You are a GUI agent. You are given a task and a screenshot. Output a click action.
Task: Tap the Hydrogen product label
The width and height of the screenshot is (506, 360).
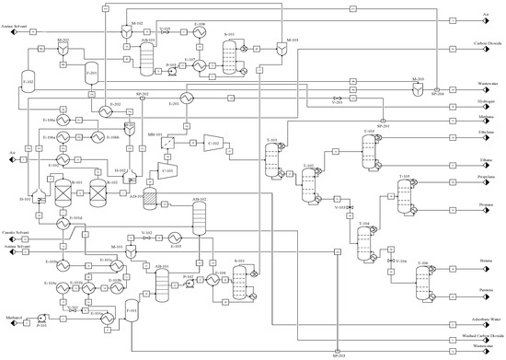click(x=475, y=108)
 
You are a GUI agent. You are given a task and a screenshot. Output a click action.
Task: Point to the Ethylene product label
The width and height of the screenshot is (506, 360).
click(x=475, y=134)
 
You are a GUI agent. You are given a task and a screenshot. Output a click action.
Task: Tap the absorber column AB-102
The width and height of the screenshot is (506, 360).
click(x=198, y=219)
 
